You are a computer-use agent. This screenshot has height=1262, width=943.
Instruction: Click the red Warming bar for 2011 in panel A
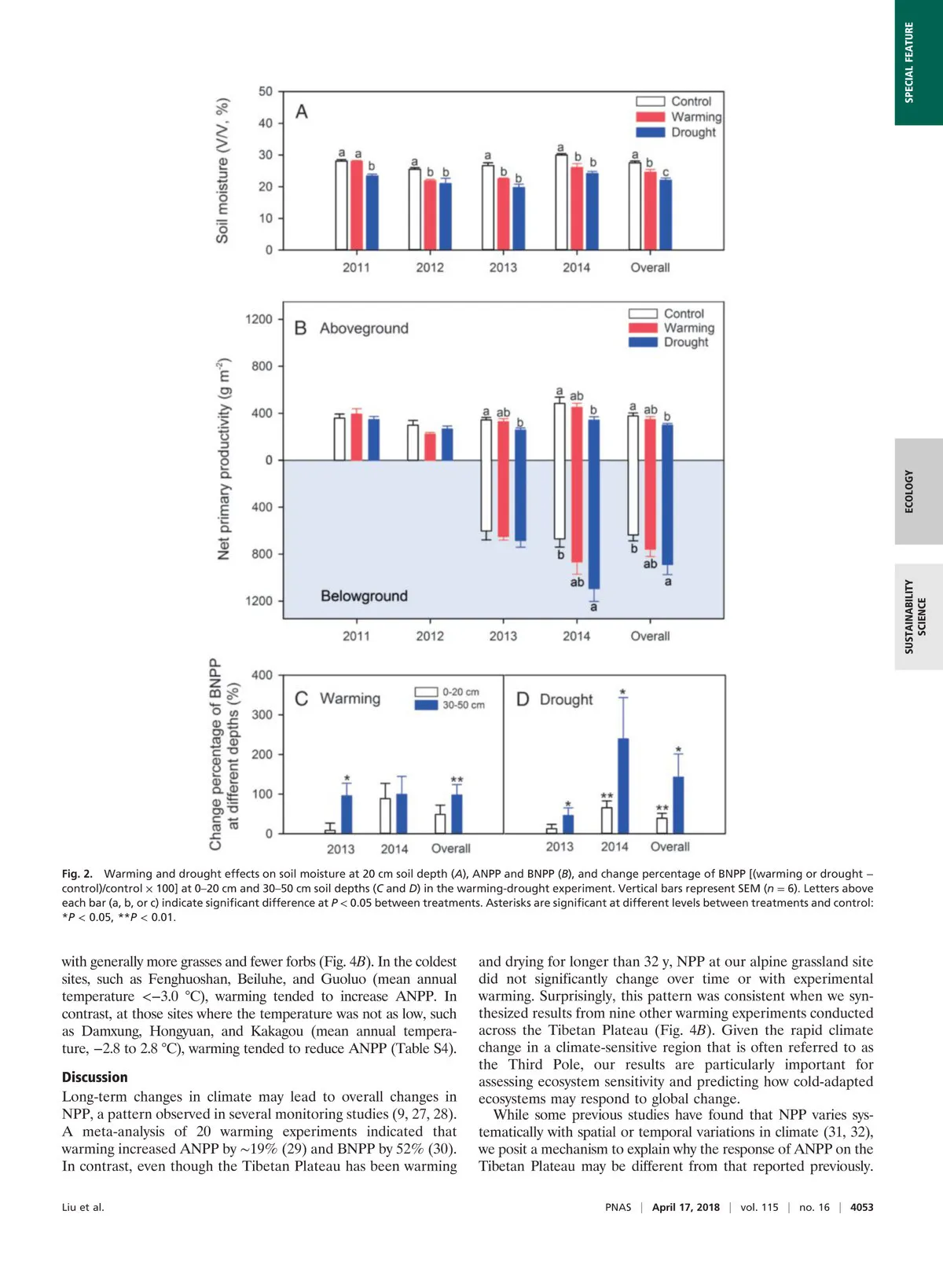tap(357, 205)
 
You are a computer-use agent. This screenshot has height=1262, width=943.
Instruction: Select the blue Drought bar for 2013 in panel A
tap(519, 218)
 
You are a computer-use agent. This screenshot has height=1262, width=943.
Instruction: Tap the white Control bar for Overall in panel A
tap(635, 206)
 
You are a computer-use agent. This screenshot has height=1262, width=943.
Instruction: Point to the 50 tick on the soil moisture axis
tap(266, 91)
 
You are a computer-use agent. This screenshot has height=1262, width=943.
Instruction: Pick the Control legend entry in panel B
tap(667, 314)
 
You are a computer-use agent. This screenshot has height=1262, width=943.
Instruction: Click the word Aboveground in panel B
tap(364, 328)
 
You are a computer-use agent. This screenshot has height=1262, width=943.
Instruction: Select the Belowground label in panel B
tap(364, 596)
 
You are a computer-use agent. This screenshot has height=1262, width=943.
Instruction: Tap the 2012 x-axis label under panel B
tap(430, 636)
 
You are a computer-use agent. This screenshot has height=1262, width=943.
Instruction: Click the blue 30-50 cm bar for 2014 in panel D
tap(623, 786)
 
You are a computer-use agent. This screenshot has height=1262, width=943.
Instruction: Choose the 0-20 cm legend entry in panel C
tap(447, 692)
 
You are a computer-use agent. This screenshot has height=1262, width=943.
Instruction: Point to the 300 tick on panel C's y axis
tap(262, 714)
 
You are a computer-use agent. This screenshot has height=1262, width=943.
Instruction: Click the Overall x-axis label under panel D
tap(670, 846)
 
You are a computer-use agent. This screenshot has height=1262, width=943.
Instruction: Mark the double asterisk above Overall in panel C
tap(457, 780)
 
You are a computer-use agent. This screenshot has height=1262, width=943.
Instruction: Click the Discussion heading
tap(94, 1077)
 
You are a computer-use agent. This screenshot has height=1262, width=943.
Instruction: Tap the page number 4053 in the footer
tap(861, 1207)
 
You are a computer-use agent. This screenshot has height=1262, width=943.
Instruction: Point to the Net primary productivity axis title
tap(224, 459)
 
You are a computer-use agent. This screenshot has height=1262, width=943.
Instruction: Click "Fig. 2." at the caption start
tap(77, 874)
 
